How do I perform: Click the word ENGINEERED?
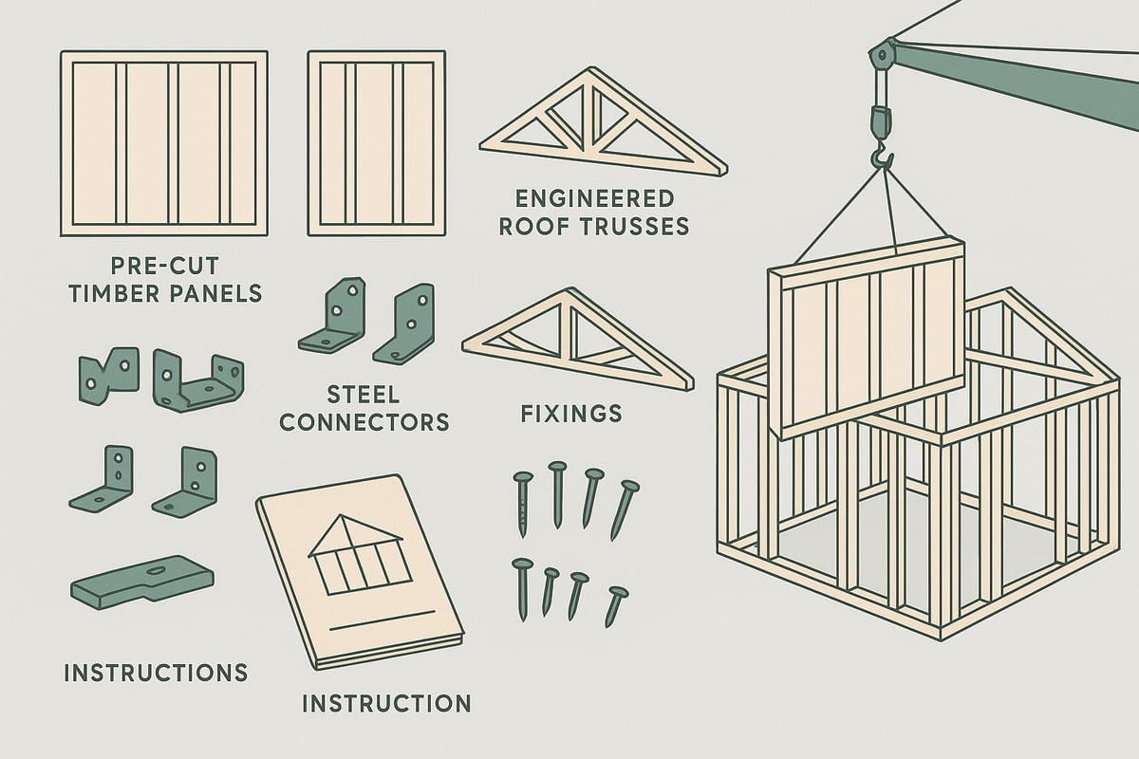pyautogui.click(x=593, y=198)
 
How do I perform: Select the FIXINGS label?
pyautogui.click(x=571, y=414)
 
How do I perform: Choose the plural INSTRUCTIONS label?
pyautogui.click(x=155, y=673)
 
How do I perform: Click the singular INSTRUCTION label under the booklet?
pyautogui.click(x=385, y=703)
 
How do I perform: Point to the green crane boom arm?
pyautogui.click(x=1025, y=85)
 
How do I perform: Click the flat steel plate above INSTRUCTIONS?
pyautogui.click(x=142, y=580)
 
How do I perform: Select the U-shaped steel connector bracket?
pyautogui.click(x=198, y=380)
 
